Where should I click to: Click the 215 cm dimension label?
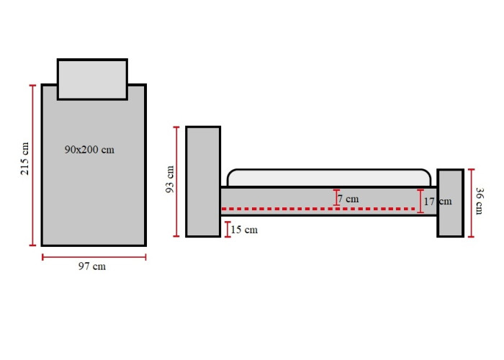(x=24, y=159)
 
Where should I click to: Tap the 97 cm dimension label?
(x=92, y=266)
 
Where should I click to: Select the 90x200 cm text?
(x=89, y=150)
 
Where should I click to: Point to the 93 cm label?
(x=169, y=179)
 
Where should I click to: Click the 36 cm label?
(x=479, y=201)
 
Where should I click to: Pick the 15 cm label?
(x=244, y=230)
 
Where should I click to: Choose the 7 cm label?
(x=348, y=199)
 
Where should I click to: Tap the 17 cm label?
(x=438, y=202)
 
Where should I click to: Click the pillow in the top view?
(x=93, y=79)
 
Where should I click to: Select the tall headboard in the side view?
(x=203, y=181)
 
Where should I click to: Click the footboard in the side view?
(x=450, y=203)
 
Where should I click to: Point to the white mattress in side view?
(x=329, y=177)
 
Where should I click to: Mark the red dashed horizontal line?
(x=318, y=209)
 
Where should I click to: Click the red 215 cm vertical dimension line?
(x=33, y=165)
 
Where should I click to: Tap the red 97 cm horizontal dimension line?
(x=94, y=257)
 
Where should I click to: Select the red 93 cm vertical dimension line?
(x=176, y=181)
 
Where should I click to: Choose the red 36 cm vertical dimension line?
(x=471, y=203)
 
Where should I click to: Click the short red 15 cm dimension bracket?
(x=228, y=230)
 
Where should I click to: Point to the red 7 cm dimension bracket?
(x=336, y=198)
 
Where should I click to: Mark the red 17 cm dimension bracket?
(x=420, y=201)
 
